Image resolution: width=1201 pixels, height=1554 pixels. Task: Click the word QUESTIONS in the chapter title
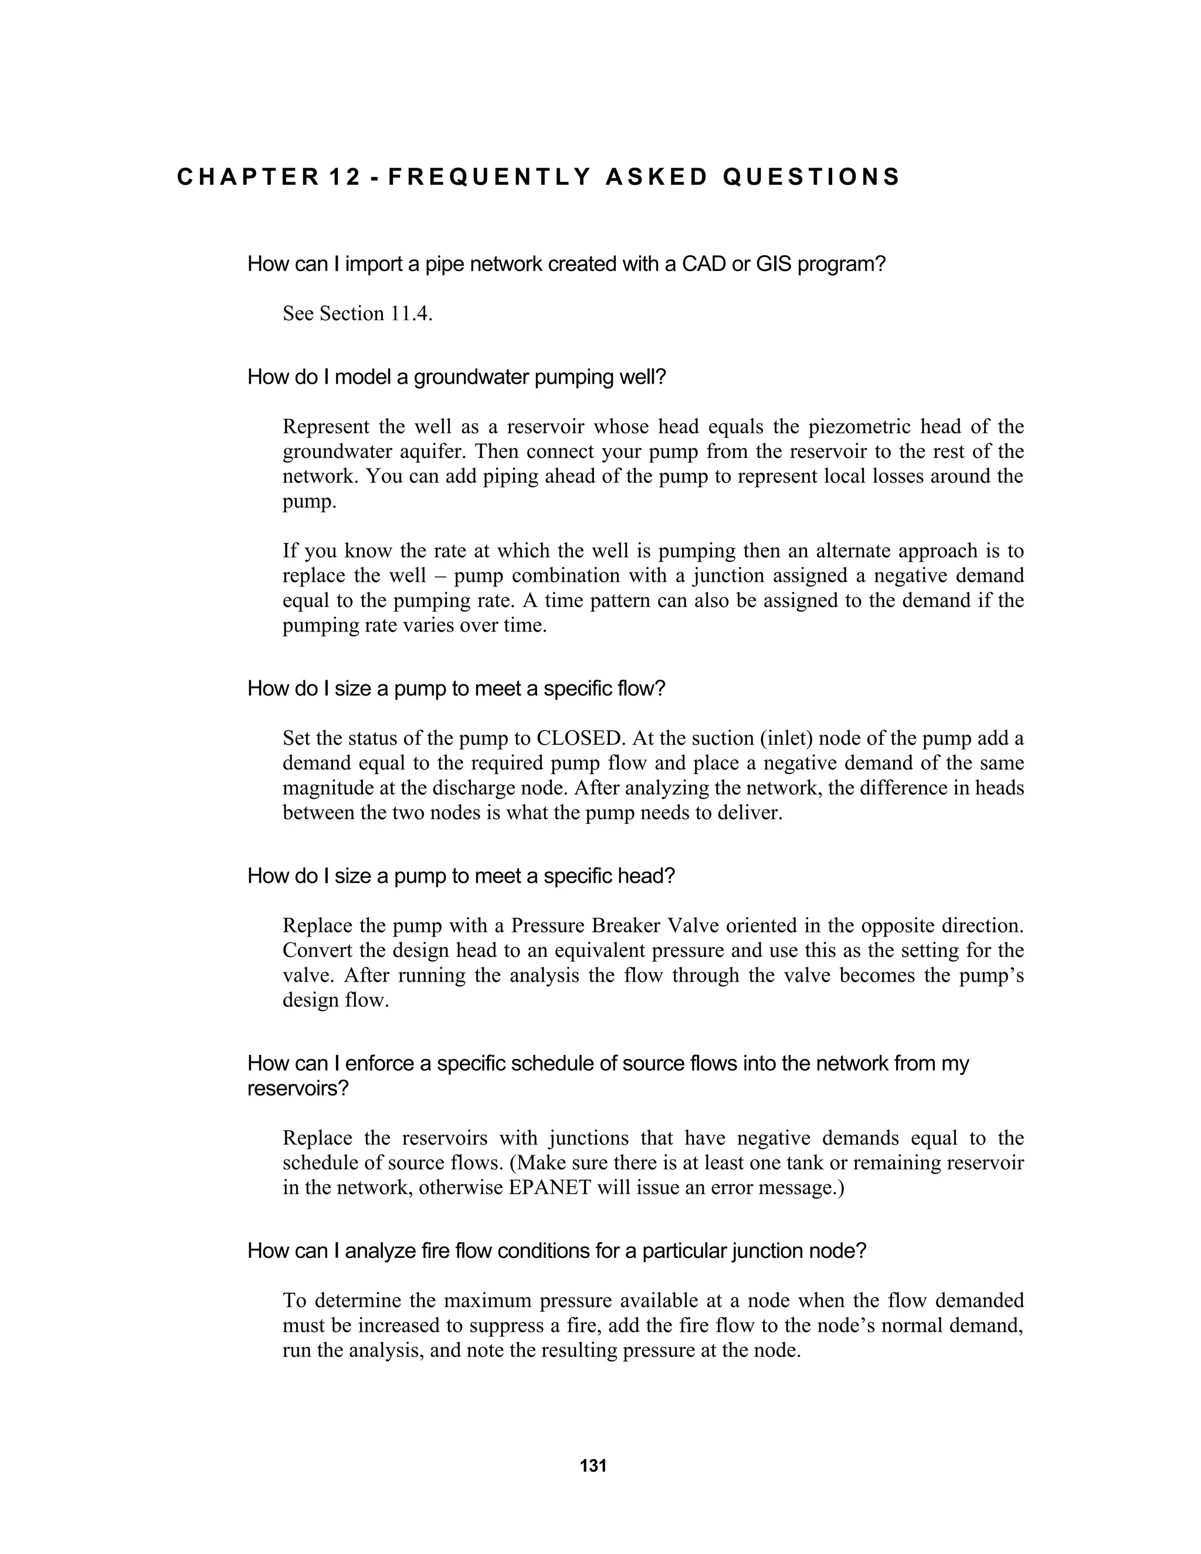point(811,177)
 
